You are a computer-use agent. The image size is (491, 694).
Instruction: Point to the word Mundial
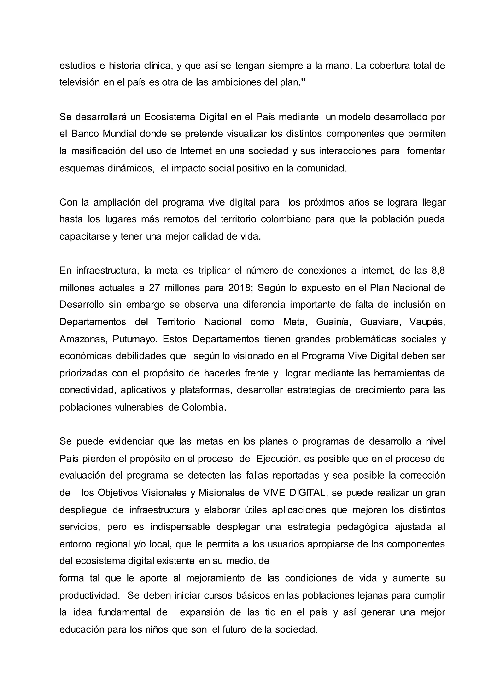[x=120, y=134]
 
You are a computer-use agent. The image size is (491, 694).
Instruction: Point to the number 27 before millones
[x=154, y=288]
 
